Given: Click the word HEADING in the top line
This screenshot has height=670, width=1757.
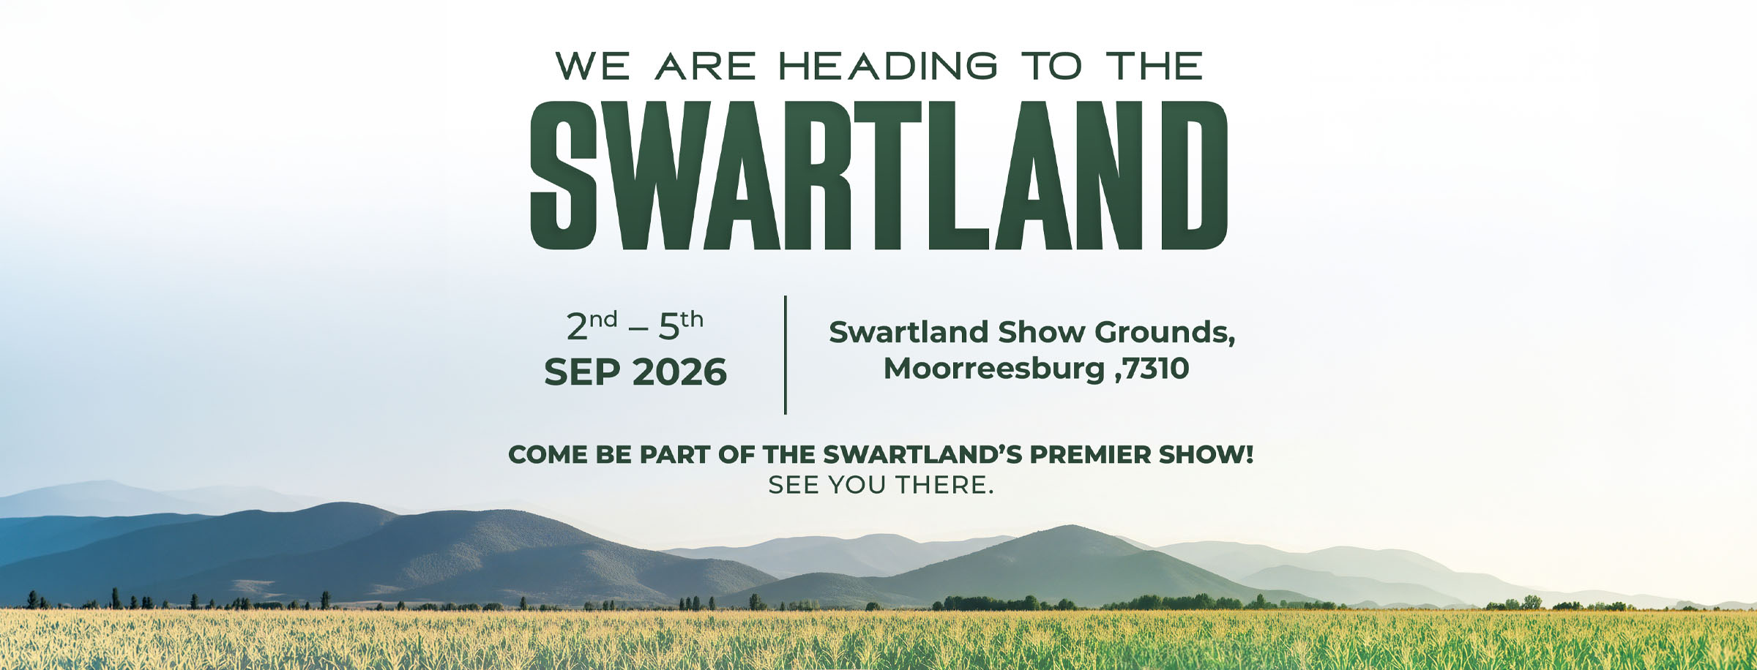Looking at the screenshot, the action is pyautogui.click(x=888, y=66).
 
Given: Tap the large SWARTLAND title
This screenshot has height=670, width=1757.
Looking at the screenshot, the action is pyautogui.click(x=878, y=176).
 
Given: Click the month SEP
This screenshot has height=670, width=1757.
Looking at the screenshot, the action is pyautogui.click(x=583, y=372).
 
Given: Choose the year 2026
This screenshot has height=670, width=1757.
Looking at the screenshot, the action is pyautogui.click(x=680, y=372).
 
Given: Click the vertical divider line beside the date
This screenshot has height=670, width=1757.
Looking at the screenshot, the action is pyautogui.click(x=786, y=355).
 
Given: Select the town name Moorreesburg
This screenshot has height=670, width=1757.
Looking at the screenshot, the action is pyautogui.click(x=994, y=369).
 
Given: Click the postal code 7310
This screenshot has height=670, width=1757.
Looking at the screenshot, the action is pyautogui.click(x=1156, y=369).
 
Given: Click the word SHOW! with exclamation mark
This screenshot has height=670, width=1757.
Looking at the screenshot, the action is pyautogui.click(x=1206, y=454).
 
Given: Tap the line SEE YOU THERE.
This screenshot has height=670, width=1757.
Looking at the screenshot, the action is pyautogui.click(x=881, y=485).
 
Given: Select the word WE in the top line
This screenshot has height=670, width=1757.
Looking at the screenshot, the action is pyautogui.click(x=592, y=66).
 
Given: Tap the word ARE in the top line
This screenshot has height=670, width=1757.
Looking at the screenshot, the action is pyautogui.click(x=706, y=66).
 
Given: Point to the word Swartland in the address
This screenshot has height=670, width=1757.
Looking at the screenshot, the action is pyautogui.click(x=909, y=333).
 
